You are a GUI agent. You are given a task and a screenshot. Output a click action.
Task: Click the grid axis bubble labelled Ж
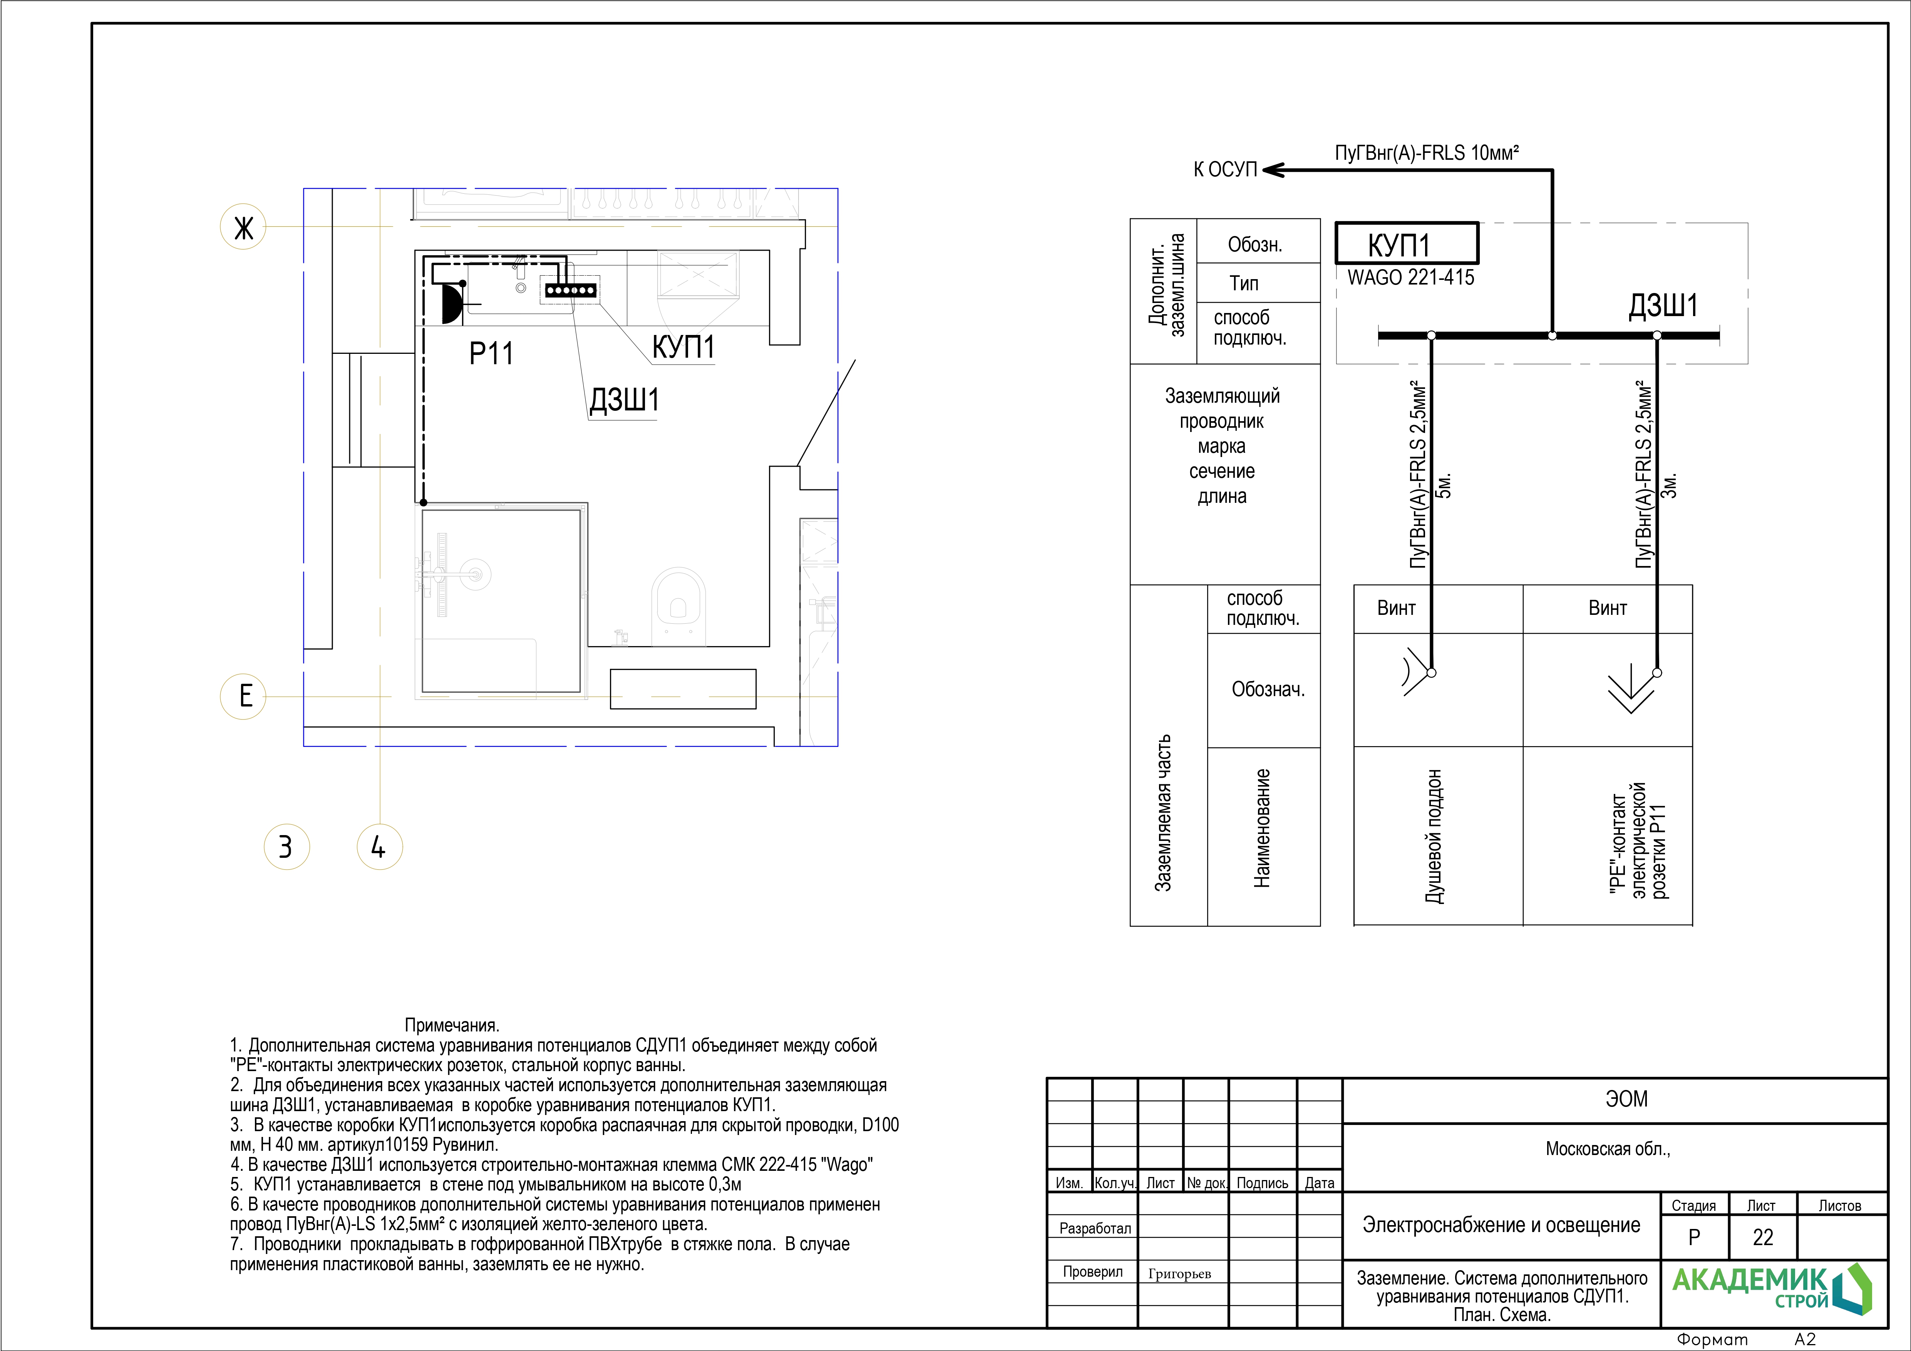click(x=243, y=226)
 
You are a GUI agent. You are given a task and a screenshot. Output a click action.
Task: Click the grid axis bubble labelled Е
click(x=243, y=696)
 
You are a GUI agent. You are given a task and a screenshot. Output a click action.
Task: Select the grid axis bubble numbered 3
click(x=286, y=847)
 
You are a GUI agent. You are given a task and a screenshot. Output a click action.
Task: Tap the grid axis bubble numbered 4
click(x=380, y=847)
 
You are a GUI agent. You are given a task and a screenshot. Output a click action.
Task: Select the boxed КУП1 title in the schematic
click(x=1407, y=244)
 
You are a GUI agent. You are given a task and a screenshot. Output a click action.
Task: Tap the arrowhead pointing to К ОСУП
click(x=1273, y=170)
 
